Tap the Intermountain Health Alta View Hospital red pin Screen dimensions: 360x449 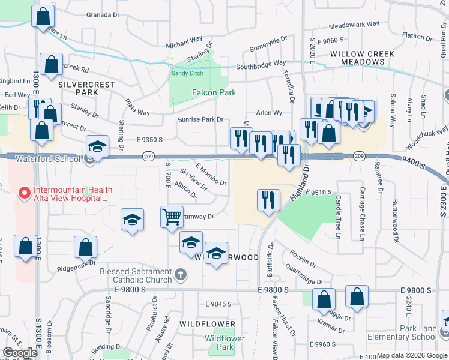(x=24, y=193)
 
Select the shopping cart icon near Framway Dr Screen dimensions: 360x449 (x=172, y=217)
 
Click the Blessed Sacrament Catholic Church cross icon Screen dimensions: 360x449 (x=181, y=275)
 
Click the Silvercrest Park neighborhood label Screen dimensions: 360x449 (x=86, y=89)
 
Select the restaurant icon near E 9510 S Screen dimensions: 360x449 (x=268, y=200)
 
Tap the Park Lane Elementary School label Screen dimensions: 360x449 (x=411, y=333)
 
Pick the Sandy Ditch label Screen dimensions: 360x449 (x=187, y=73)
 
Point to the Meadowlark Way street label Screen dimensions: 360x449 (x=354, y=25)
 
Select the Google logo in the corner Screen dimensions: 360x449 (x=20, y=353)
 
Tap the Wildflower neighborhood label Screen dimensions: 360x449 (x=207, y=323)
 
